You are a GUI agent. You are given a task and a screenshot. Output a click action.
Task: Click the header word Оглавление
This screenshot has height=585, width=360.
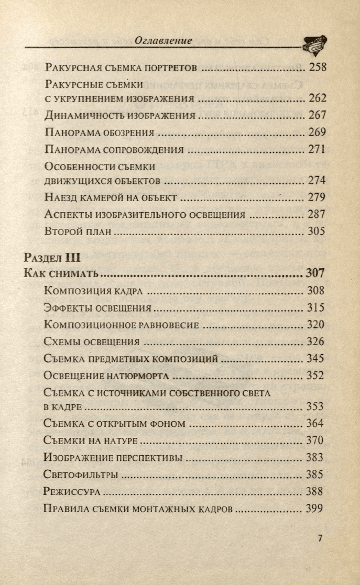point(163,40)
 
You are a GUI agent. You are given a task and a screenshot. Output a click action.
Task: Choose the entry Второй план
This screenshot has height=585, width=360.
point(78,231)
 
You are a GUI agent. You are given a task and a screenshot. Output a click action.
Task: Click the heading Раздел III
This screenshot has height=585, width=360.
point(51,257)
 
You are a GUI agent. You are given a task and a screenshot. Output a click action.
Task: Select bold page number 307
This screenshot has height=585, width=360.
point(315,273)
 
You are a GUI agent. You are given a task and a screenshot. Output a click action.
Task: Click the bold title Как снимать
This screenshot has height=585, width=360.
point(62,273)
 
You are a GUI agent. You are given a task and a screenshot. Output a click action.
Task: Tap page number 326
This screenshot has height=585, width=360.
point(316,341)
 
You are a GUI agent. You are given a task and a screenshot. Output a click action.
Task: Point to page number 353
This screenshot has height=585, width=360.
point(316,406)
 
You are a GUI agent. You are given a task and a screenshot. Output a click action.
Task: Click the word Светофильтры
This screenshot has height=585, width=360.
point(81,475)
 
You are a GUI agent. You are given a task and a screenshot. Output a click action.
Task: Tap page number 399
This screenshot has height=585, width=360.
point(316,509)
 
